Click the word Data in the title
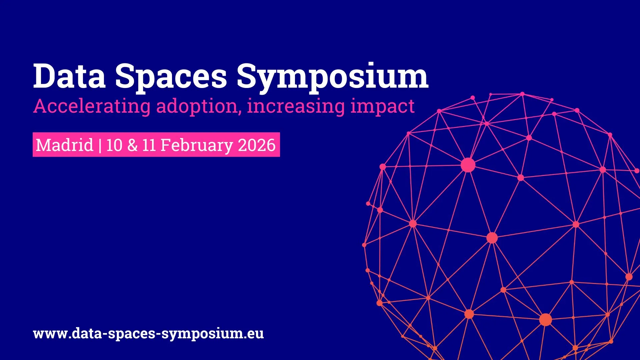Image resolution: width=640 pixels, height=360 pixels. [70, 76]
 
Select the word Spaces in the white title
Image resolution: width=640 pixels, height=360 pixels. [171, 79]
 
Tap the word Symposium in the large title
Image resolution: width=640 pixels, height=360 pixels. [332, 79]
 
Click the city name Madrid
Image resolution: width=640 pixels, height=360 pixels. [64, 145]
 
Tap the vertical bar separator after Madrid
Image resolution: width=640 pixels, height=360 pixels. [100, 146]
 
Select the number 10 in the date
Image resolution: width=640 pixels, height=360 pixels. [114, 145]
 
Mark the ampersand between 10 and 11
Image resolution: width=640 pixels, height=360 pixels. [132, 145]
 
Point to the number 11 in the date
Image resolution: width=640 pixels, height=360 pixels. [149, 145]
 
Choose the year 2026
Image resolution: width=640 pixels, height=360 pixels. [257, 145]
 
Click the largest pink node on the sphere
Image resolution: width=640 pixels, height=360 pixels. [468, 165]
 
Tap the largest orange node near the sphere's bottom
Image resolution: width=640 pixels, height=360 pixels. [546, 320]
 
